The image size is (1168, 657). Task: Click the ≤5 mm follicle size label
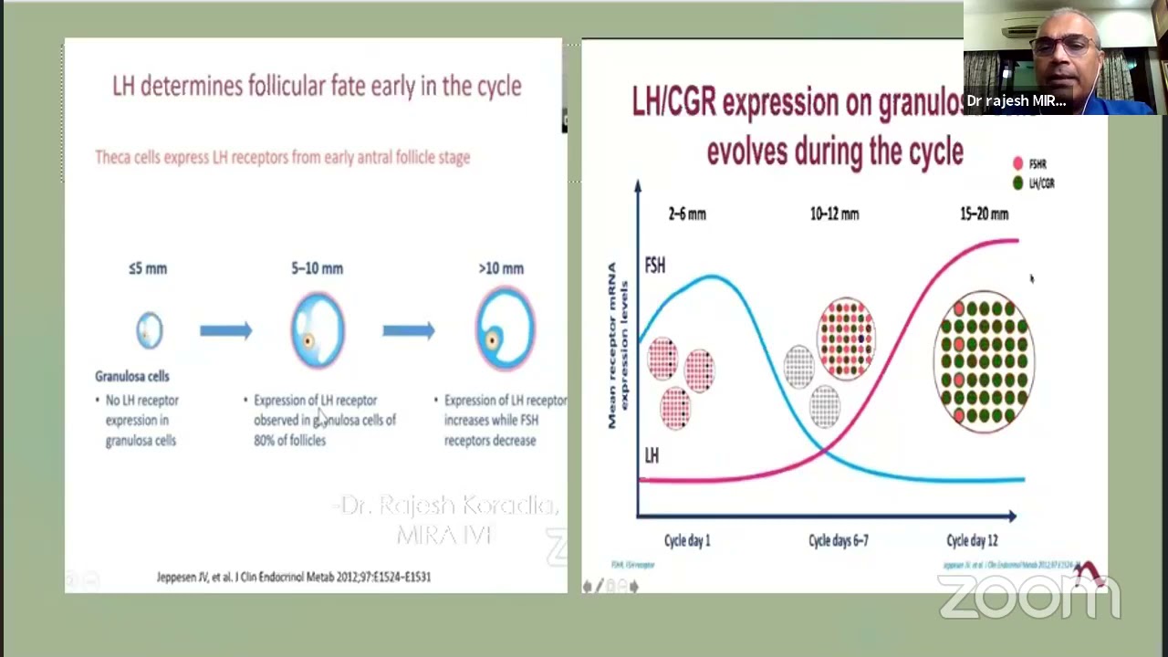click(148, 268)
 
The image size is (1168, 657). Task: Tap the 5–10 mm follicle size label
click(318, 268)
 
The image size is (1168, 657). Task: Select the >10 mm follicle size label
click(501, 268)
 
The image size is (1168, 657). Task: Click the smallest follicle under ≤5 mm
click(150, 329)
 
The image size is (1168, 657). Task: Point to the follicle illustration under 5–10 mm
click(318, 330)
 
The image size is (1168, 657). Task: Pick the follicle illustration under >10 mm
click(504, 331)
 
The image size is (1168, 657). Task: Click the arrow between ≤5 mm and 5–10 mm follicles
click(225, 330)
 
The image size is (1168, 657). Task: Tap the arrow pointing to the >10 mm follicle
click(408, 330)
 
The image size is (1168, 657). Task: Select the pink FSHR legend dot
click(1017, 164)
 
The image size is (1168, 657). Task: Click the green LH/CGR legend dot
click(1017, 183)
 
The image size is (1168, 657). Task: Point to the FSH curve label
click(654, 266)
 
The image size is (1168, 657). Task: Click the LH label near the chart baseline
click(652, 455)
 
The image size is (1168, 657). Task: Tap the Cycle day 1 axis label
click(687, 540)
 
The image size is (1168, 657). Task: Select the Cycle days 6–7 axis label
click(838, 540)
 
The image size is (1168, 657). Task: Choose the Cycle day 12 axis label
click(972, 540)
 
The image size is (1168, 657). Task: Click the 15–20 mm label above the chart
click(984, 214)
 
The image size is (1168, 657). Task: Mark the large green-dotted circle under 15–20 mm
click(984, 361)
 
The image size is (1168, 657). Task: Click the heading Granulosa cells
click(132, 376)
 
